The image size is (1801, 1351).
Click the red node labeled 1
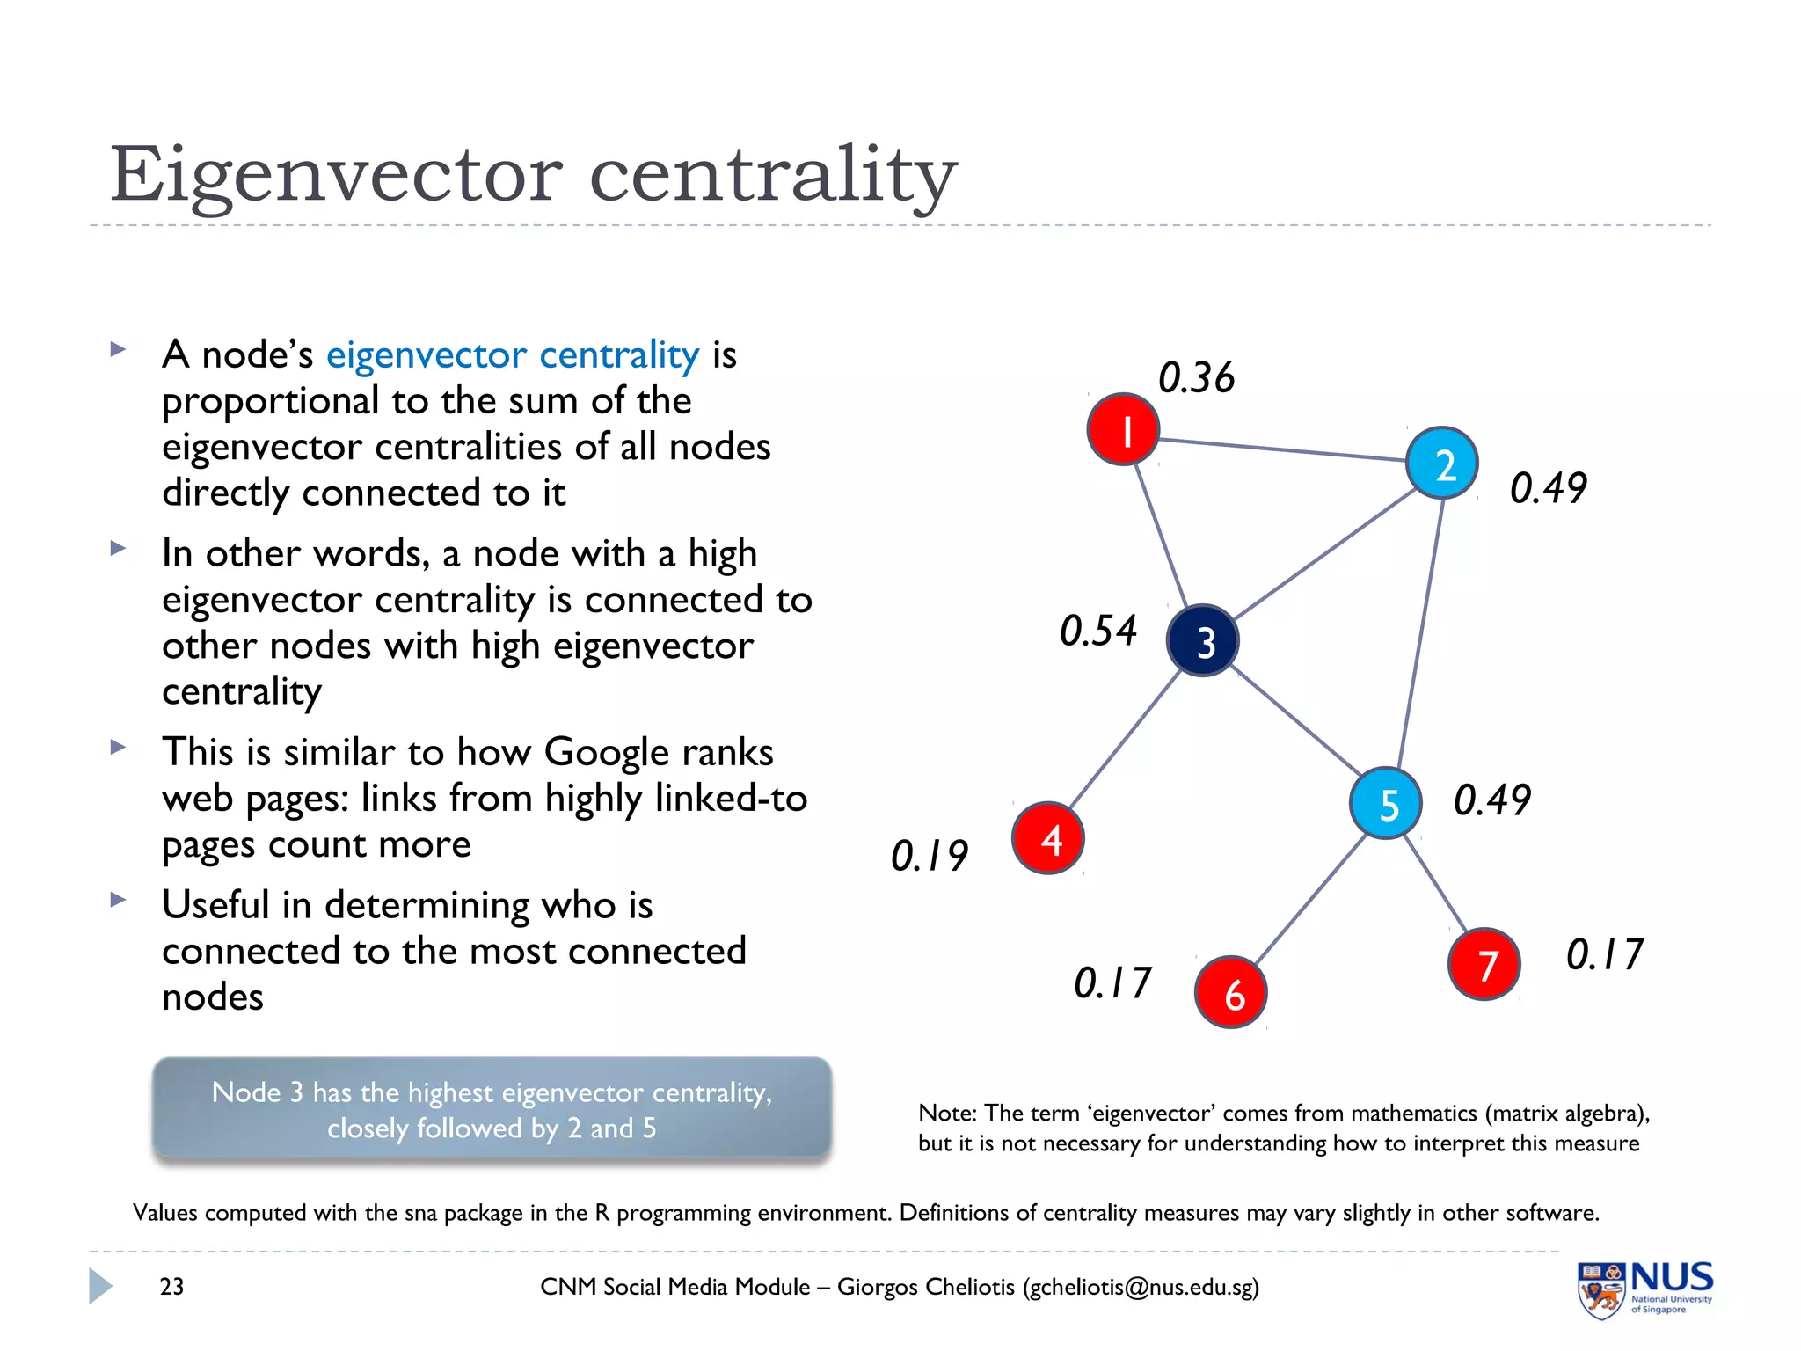pos(1123,429)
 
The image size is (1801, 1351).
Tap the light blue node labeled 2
pos(1441,463)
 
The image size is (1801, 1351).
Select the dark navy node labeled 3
pos(1202,641)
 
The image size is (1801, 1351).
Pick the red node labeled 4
pos(1047,838)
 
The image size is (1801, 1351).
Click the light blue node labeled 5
pos(1386,803)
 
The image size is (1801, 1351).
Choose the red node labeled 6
pos(1230,992)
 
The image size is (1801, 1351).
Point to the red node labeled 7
pos(1484,964)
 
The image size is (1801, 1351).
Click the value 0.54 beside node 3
pos(1097,631)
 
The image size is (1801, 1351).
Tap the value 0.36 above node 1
pos(1196,377)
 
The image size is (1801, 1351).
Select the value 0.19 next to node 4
pos(929,856)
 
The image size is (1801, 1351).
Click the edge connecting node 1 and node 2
pos(1281,449)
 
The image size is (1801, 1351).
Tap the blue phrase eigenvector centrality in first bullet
pos(513,355)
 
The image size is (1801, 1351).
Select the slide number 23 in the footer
pos(171,1287)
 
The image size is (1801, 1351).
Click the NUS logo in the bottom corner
pos(1644,1289)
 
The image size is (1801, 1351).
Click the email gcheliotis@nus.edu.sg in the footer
pos(1141,1287)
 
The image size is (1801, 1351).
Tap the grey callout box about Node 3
pos(492,1109)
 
